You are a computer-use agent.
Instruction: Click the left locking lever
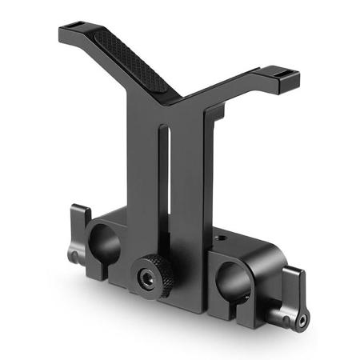coord(79,232)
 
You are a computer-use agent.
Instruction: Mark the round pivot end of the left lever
coord(74,256)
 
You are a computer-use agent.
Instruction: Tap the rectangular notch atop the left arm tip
coord(77,27)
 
